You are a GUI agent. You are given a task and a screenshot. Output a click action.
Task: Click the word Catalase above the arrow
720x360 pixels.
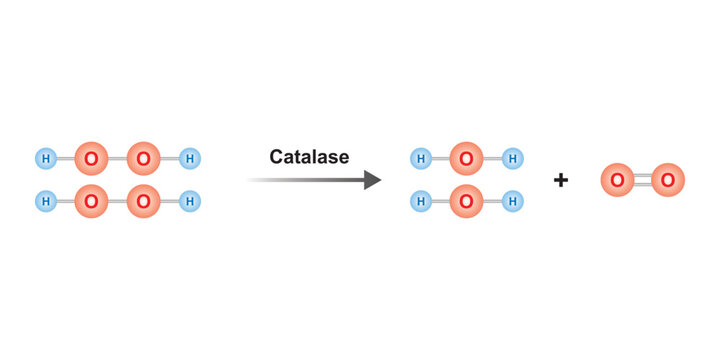309,157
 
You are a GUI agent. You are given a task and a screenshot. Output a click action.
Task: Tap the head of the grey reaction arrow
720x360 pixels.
372,180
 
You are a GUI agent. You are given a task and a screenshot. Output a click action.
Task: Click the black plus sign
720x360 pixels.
561,180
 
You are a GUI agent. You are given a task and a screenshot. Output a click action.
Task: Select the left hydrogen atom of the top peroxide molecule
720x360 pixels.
45,158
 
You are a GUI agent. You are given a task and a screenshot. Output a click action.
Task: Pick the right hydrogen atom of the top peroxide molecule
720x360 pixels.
190,158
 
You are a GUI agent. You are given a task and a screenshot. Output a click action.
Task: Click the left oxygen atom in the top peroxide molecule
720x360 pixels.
92,158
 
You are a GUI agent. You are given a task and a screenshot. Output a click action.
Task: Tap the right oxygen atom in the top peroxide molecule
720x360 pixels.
144,158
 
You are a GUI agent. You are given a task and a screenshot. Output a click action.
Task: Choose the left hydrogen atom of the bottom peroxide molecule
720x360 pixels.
45,201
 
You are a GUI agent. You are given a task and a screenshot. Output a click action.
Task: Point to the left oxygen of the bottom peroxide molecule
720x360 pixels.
92,201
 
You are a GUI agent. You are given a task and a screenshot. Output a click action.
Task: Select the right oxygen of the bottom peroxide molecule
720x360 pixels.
144,201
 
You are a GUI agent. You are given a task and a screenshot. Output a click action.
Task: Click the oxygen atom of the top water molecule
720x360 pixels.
466,158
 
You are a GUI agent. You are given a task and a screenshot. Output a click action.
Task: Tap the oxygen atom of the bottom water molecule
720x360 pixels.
466,201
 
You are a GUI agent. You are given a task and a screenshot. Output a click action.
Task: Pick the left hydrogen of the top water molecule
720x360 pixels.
421,158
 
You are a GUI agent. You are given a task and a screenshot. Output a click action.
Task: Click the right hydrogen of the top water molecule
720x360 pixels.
513,158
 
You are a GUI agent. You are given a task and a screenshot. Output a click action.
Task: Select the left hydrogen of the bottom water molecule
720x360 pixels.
421,201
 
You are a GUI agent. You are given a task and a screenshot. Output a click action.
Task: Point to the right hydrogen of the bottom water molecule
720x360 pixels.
513,201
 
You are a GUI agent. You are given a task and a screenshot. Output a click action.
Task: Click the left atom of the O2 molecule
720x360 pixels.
617,180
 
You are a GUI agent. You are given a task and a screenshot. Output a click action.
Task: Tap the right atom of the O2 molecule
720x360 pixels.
668,180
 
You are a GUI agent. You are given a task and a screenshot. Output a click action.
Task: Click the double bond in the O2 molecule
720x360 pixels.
642,180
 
